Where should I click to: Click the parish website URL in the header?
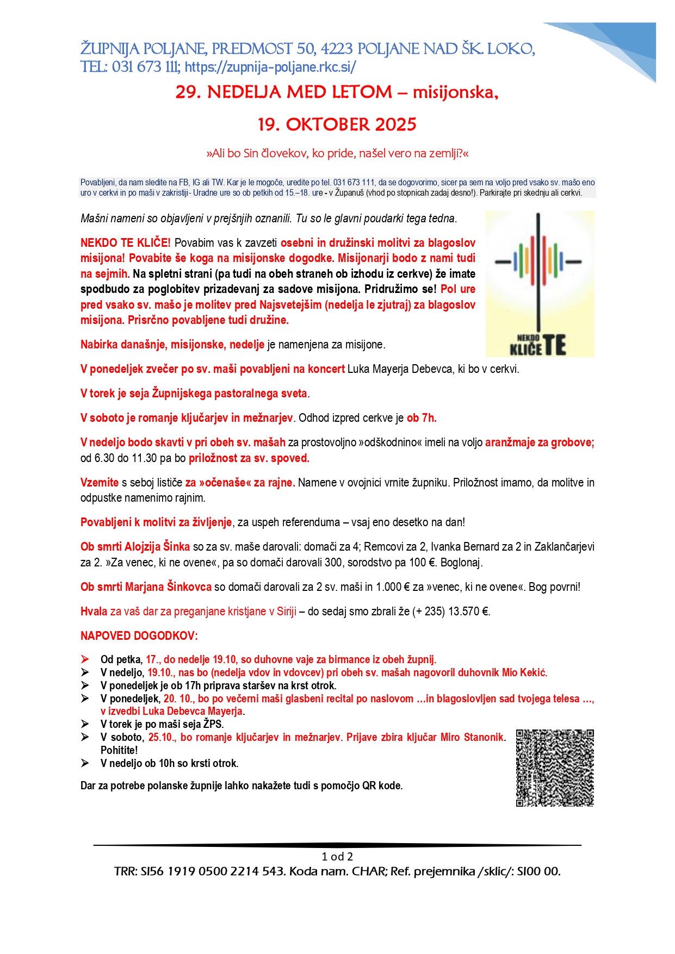click(x=270, y=67)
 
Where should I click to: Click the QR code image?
click(x=555, y=768)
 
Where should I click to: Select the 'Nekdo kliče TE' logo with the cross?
click(x=540, y=284)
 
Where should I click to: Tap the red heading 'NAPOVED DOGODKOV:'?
click(x=139, y=636)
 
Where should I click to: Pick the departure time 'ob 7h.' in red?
click(x=422, y=418)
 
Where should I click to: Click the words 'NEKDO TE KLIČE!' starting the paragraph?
click(x=126, y=243)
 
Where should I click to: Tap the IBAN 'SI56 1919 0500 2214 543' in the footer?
click(x=213, y=872)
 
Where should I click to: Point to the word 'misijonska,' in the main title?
click(x=455, y=92)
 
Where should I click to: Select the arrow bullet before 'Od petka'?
click(x=85, y=659)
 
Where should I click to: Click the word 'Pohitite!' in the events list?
click(x=119, y=751)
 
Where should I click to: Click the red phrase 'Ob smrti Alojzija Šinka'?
click(x=135, y=547)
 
